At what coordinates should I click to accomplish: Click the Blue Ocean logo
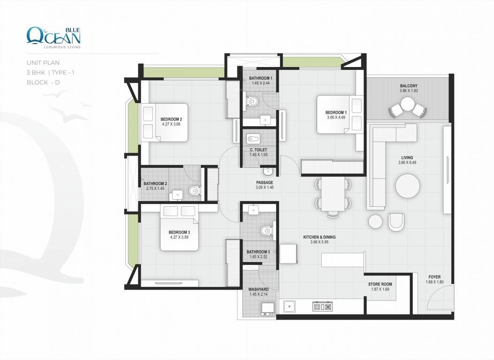[53, 37]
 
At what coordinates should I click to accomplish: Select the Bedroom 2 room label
[171, 119]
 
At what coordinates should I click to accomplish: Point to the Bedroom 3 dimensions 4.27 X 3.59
[179, 237]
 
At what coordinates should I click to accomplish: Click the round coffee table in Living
[407, 186]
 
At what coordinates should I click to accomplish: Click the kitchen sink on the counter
[289, 306]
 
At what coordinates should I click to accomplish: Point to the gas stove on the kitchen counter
[323, 306]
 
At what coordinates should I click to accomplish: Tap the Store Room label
[380, 284]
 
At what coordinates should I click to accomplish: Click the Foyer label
[434, 277]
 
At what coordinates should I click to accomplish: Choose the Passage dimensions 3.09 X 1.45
[265, 187]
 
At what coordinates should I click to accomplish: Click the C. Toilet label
[258, 150]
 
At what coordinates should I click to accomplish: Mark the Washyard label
[258, 290]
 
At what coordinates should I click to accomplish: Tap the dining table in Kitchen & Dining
[334, 194]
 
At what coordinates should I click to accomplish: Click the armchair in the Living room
[396, 222]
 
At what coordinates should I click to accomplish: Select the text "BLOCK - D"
[43, 82]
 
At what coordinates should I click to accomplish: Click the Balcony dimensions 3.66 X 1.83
[409, 90]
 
